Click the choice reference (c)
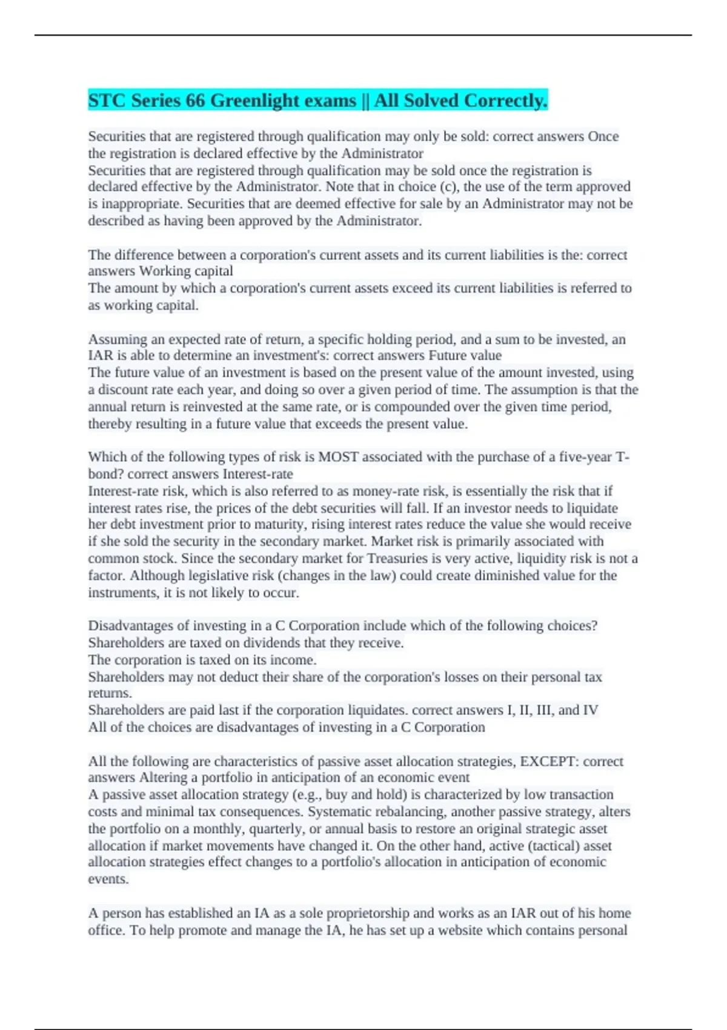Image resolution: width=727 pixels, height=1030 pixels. [x=449, y=187]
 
